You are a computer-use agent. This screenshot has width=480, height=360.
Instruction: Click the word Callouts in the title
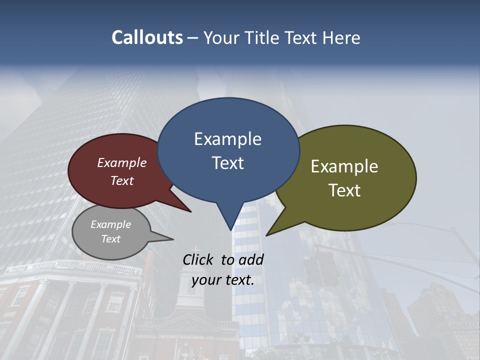pos(147,38)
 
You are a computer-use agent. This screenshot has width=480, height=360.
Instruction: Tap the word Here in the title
pos(341,38)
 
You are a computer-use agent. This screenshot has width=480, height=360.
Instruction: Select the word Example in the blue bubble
pos(227,139)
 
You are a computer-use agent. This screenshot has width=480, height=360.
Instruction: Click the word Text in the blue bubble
pos(227,163)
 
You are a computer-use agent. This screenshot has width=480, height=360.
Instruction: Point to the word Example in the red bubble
pos(122,162)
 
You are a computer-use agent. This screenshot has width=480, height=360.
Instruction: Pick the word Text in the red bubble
pos(122,180)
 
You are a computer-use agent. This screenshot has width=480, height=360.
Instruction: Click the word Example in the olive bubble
pos(344,166)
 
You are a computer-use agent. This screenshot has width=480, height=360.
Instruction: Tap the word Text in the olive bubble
pos(344,190)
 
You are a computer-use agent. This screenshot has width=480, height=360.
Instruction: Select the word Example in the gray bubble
pos(111,224)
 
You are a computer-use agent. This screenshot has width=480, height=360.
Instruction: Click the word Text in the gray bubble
pos(111,239)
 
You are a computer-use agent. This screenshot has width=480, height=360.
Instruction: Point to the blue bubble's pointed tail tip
pos(230,230)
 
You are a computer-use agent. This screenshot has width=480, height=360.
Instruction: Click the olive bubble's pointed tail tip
pos(266,235)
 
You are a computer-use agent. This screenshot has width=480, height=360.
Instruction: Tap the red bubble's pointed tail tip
pos(191,212)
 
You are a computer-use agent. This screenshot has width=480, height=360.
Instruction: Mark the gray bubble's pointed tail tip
pos(173,239)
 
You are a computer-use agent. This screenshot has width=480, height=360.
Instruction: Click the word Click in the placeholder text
pos(199,259)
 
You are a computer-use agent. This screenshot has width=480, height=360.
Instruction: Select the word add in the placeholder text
pos(251,259)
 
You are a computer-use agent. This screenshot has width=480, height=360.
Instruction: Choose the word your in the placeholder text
pos(205,280)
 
